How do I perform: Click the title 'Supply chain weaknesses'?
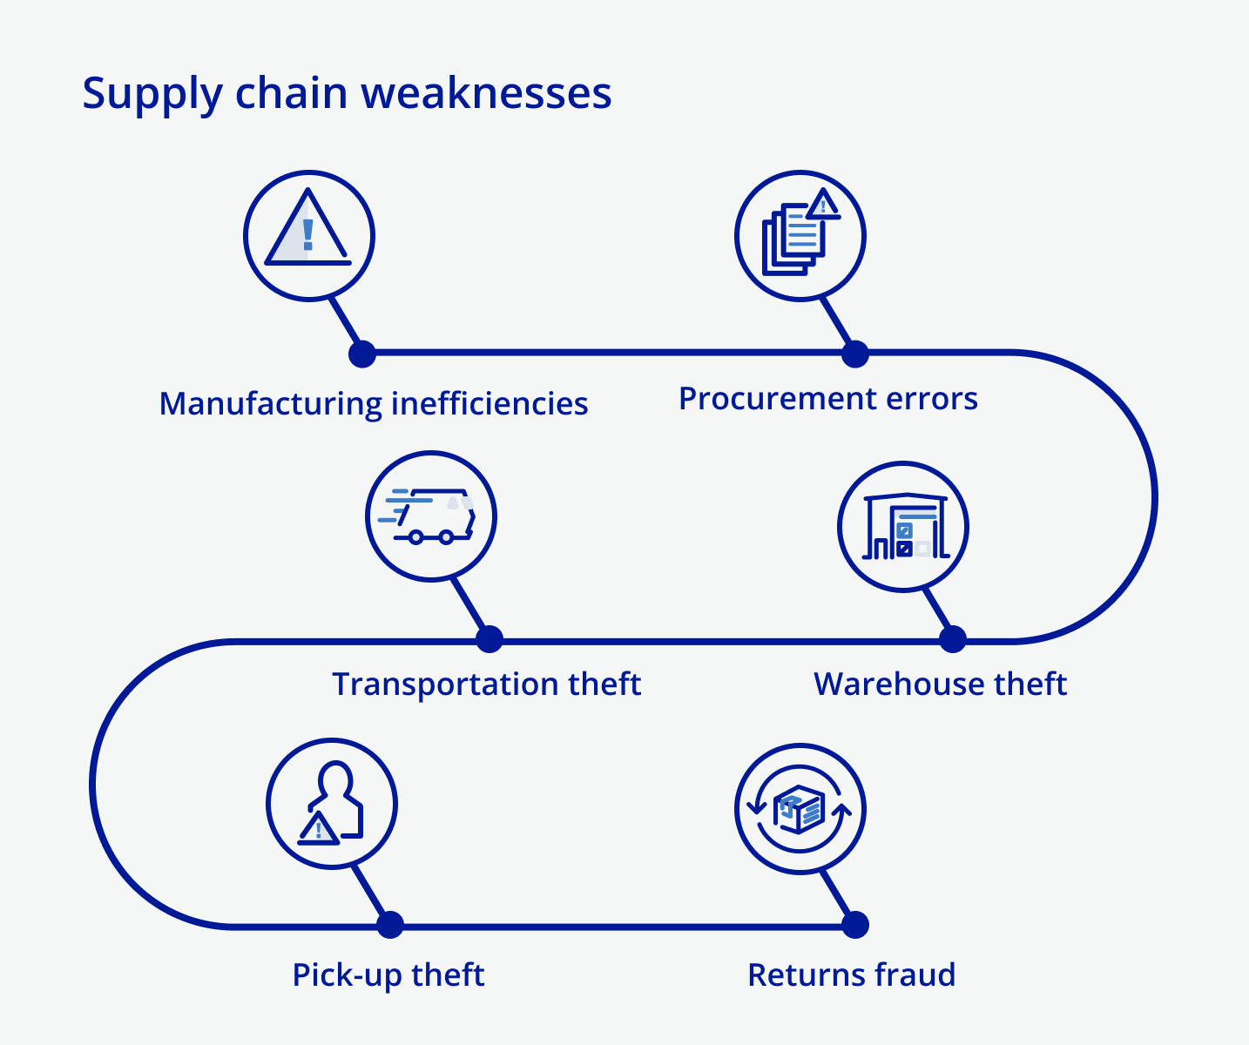pos(347,93)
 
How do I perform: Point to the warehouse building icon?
pos(904,527)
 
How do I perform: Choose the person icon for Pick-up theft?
pos(332,803)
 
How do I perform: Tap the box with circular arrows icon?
pos(800,809)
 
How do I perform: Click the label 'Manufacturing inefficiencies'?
pos(374,403)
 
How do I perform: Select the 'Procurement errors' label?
pos(827,398)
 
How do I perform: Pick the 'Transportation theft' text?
pos(486,684)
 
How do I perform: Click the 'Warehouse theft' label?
pos(940,684)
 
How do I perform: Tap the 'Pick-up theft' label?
pos(388,974)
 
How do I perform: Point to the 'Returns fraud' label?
pos(851,974)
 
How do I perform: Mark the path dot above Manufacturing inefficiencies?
pos(362,354)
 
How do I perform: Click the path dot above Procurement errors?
pos(855,354)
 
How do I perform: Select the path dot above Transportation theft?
pos(489,639)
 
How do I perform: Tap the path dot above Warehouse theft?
pos(953,639)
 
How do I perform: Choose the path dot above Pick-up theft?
pos(390,925)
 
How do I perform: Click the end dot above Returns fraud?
pos(855,925)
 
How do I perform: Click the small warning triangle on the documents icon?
pos(823,206)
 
